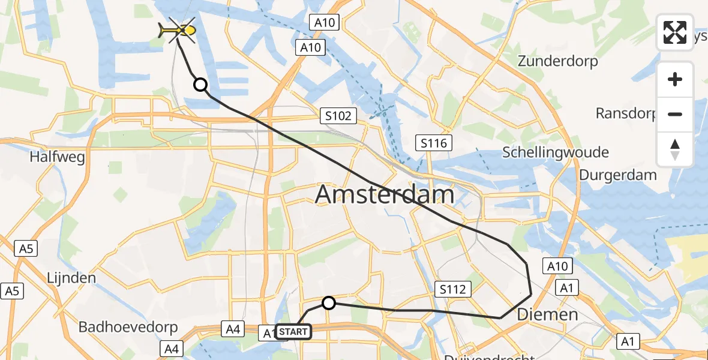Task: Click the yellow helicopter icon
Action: pyautogui.click(x=177, y=30)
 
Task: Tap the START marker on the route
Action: pyautogui.click(x=293, y=332)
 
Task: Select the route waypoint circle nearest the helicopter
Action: pyautogui.click(x=200, y=85)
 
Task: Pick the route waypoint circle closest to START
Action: pyautogui.click(x=328, y=303)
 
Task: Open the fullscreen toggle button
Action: pyautogui.click(x=675, y=32)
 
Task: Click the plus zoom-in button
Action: pyautogui.click(x=675, y=79)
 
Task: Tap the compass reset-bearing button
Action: pyautogui.click(x=675, y=149)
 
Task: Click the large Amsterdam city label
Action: pyautogui.click(x=385, y=195)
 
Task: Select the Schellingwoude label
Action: pyautogui.click(x=556, y=152)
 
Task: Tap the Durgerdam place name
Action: pyautogui.click(x=617, y=175)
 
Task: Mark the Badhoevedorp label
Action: pyautogui.click(x=128, y=328)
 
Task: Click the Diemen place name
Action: pyautogui.click(x=547, y=314)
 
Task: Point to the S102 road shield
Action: pyautogui.click(x=338, y=116)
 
